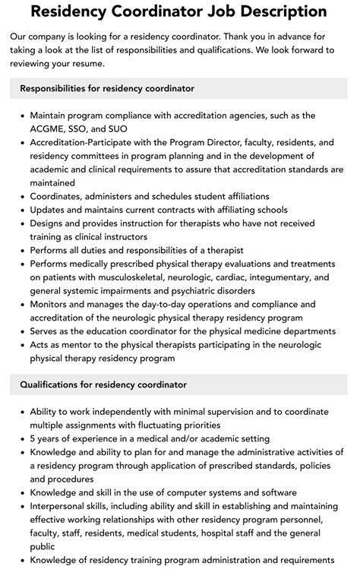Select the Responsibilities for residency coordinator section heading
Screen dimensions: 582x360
pyautogui.click(x=107, y=89)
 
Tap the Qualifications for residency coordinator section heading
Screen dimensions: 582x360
pyautogui.click(x=103, y=385)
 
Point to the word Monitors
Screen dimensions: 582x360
pyautogui.click(x=52, y=305)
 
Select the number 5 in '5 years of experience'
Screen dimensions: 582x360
pyautogui.click(x=33, y=438)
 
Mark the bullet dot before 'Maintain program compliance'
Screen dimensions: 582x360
pyautogui.click(x=21, y=115)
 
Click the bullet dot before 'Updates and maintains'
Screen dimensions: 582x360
pyautogui.click(x=21, y=210)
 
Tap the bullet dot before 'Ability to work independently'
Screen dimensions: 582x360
pyautogui.click(x=21, y=412)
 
